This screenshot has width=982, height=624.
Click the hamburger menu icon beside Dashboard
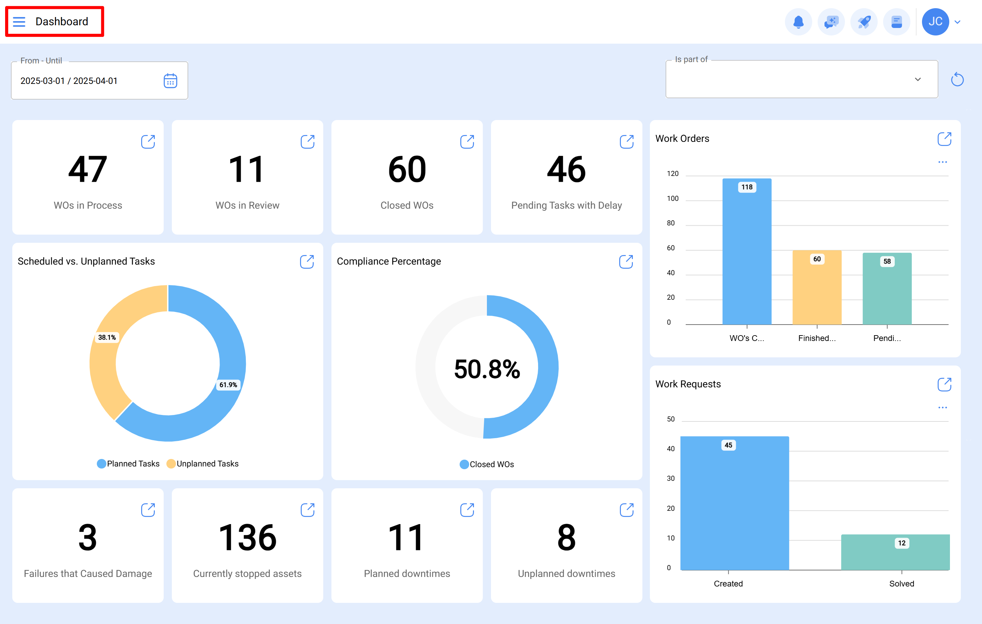19,21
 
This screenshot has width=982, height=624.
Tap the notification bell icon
798,21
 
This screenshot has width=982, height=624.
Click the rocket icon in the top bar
864,21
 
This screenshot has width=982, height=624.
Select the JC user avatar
935,21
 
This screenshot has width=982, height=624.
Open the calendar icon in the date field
170,81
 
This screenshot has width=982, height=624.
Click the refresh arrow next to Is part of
957,79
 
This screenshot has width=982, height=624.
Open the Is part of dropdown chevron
918,79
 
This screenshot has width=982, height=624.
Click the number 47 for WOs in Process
88,170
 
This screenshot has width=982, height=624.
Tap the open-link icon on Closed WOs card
467,142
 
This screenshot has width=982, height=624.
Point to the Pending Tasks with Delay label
566,205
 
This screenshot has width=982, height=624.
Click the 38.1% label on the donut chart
107,337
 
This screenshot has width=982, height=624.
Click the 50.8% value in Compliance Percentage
487,369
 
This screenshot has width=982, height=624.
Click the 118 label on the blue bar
747,187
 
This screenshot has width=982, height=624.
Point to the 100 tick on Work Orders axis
672,198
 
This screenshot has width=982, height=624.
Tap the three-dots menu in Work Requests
942,407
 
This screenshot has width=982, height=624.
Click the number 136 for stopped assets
247,537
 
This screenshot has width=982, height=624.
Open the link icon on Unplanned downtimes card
626,509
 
